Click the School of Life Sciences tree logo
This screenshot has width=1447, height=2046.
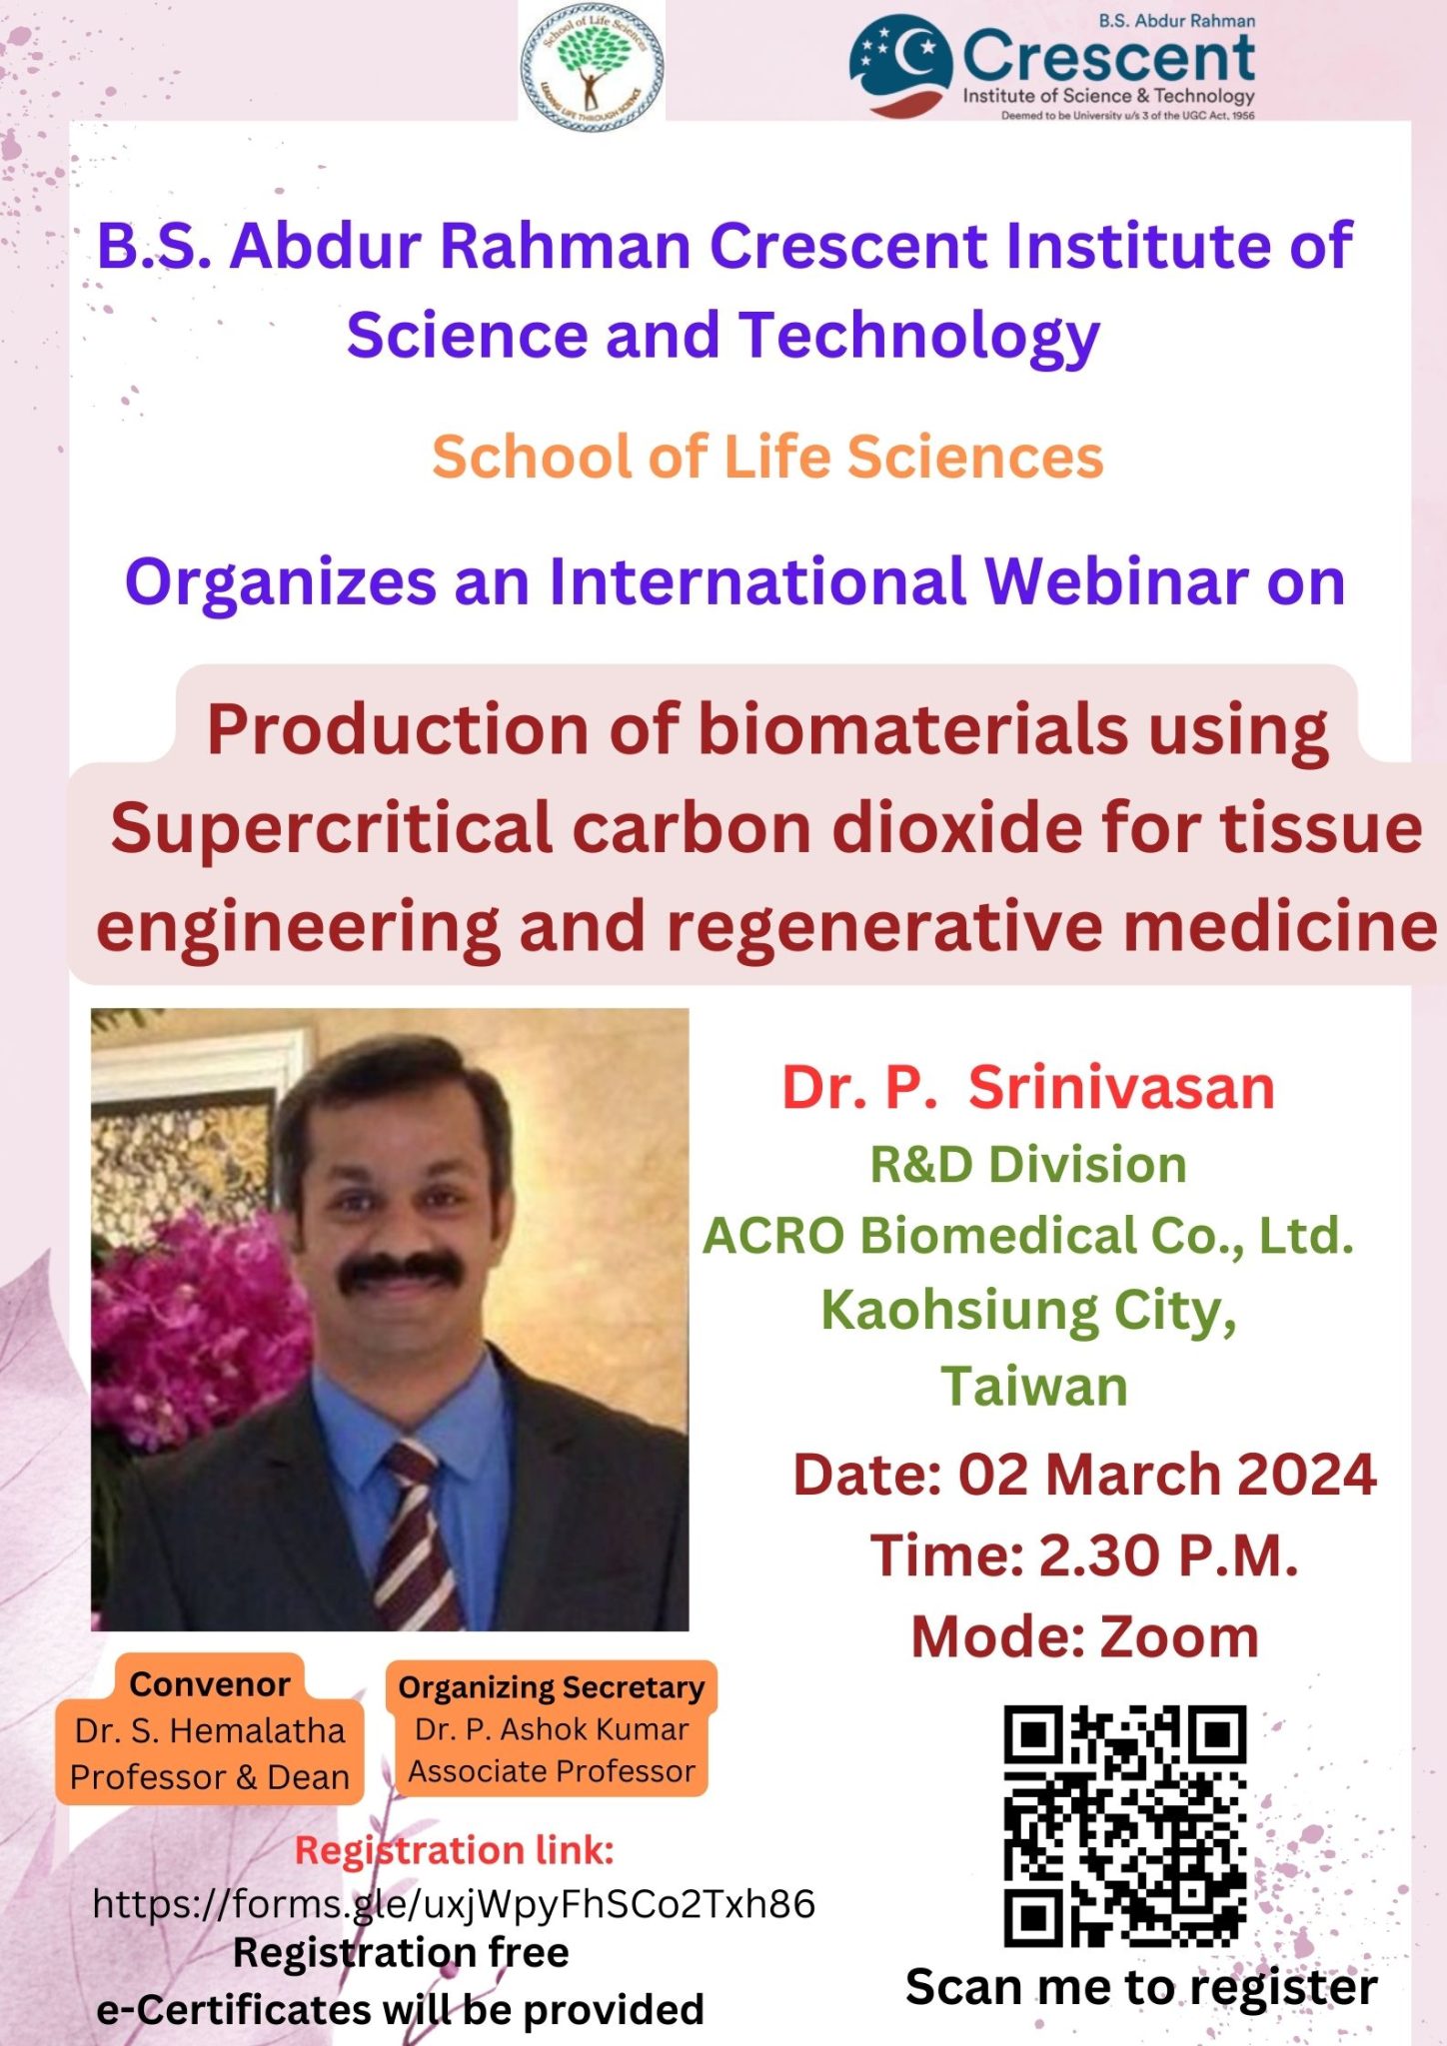tap(592, 62)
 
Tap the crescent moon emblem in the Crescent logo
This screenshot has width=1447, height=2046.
tap(900, 65)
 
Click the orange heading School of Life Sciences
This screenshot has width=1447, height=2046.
tap(767, 457)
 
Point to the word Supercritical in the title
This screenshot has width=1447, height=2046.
tap(332, 830)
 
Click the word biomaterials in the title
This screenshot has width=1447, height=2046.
tap(912, 729)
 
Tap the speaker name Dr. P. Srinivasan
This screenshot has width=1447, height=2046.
tap(1028, 1087)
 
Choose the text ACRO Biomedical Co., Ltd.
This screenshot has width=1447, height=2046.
tap(1028, 1236)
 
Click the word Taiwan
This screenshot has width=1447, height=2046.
tap(1034, 1386)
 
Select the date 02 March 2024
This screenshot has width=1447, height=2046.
tap(1167, 1475)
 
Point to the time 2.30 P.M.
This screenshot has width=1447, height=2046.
tap(1168, 1555)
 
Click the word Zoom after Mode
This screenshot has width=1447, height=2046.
tap(1179, 1637)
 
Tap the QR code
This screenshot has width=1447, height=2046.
tap(1125, 1826)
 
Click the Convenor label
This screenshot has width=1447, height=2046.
tap(210, 1684)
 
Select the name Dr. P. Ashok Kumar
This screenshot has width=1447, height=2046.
tap(552, 1729)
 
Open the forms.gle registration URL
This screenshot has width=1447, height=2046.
tap(454, 1904)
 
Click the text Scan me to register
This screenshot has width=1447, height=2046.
tap(1141, 1987)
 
